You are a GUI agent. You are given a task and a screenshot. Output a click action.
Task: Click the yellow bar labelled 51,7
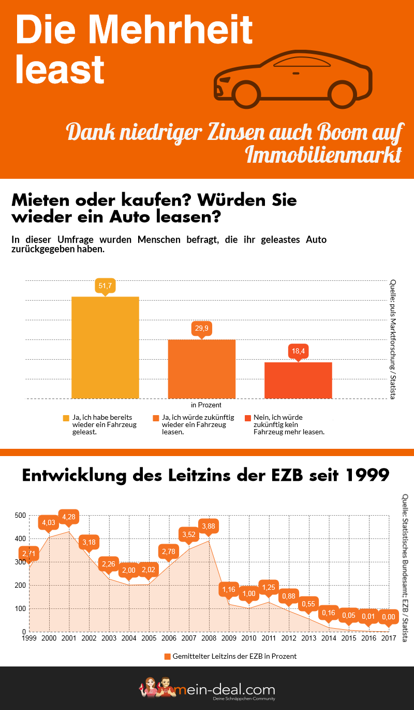pos(105,347)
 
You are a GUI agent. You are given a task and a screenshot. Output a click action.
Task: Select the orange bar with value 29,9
pos(202,369)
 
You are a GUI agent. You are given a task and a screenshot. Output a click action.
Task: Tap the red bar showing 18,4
pos(298,380)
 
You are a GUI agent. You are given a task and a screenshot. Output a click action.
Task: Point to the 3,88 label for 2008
pos(209,526)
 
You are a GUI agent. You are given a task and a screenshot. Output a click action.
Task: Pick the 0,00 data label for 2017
pos(388,617)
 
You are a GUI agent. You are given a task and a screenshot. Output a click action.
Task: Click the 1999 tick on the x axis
pos(29,638)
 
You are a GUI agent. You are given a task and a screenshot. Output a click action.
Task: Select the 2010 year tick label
pos(249,638)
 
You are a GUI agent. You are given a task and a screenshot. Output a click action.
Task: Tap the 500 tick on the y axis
pos(20,516)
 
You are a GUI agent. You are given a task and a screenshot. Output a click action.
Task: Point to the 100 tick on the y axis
pos(20,609)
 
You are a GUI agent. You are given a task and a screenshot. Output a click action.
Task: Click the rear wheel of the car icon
pos(344,93)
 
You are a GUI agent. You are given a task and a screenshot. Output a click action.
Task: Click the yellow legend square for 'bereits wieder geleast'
pos(66,417)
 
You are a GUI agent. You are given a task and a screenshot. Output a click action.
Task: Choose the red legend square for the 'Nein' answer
pos(248,417)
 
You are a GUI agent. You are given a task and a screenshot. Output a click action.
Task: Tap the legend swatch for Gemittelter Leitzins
pos(167,656)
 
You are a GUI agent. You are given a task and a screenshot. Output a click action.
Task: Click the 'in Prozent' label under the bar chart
pos(206,405)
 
